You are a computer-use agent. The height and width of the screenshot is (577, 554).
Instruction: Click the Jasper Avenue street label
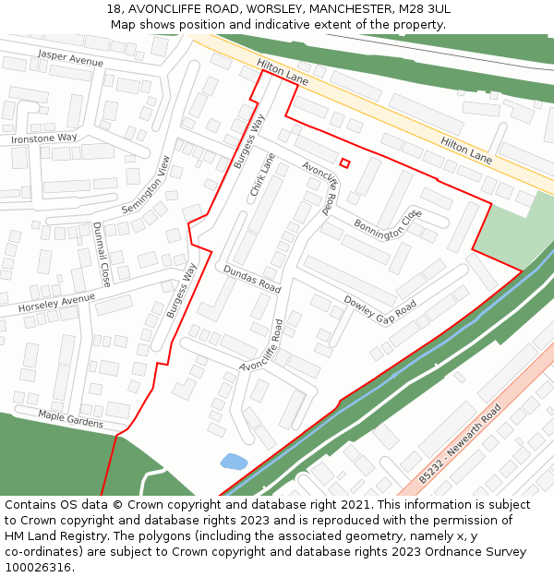click(70, 59)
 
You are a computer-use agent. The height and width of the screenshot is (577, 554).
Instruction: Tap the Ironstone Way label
click(44, 138)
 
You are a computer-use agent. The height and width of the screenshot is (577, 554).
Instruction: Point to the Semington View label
click(147, 185)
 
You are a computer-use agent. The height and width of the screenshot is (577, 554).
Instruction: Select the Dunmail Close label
click(99, 253)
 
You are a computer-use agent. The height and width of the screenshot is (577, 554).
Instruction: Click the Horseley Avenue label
click(57, 303)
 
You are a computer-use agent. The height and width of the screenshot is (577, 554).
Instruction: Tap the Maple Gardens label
click(71, 419)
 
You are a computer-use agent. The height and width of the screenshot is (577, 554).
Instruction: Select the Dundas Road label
click(251, 279)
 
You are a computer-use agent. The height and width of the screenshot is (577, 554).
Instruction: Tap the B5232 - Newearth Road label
click(460, 443)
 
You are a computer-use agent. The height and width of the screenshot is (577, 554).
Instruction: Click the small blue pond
click(234, 461)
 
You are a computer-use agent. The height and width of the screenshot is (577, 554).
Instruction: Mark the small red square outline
click(344, 163)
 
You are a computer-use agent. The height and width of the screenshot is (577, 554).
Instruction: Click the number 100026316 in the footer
click(38, 567)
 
